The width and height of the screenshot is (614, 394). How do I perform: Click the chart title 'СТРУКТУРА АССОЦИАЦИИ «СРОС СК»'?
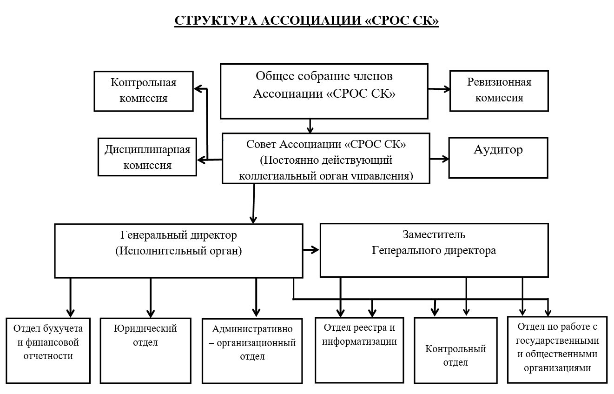(306, 20)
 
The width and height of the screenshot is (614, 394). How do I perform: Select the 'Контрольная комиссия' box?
(144, 91)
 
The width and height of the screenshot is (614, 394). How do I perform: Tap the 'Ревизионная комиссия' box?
(499, 91)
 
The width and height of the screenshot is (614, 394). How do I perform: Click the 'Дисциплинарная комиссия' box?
(147, 157)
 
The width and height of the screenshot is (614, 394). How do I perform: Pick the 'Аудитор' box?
(498, 158)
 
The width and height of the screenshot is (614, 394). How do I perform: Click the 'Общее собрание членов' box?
(324, 91)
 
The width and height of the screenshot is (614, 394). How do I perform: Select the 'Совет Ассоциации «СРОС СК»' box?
(326, 158)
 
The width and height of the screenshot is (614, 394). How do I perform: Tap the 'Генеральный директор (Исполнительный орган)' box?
(179, 251)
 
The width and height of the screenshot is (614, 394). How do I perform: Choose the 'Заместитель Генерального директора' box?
(434, 250)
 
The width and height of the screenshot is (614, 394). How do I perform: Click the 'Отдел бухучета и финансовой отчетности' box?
(48, 351)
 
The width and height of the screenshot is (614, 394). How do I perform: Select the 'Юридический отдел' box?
(145, 351)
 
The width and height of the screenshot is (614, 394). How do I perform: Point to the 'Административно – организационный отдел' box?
(252, 351)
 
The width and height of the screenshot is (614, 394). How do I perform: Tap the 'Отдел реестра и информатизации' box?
(359, 350)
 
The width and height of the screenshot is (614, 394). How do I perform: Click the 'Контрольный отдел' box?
(456, 350)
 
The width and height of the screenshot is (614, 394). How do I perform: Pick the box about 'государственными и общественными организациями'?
(557, 350)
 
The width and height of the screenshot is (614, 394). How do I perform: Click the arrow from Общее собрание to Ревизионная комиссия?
(439, 89)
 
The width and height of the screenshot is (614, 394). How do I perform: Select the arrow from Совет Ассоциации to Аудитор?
(439, 159)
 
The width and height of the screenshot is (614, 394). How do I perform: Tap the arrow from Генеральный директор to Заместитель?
(311, 250)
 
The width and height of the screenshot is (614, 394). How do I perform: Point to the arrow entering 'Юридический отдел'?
(151, 298)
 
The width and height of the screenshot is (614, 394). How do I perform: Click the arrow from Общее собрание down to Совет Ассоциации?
(310, 126)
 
